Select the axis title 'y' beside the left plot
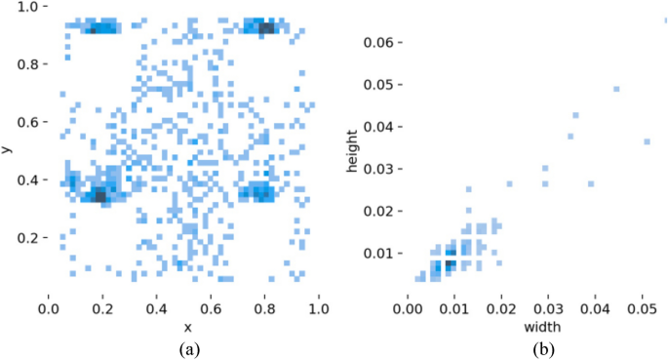pos(8,149)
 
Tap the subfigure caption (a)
pos(186,346)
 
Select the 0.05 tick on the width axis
pos(636,308)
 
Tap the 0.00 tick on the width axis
pos(407,308)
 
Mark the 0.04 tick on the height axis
pos(376,127)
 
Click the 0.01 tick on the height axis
pos(376,254)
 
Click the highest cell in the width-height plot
pos(665,20)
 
